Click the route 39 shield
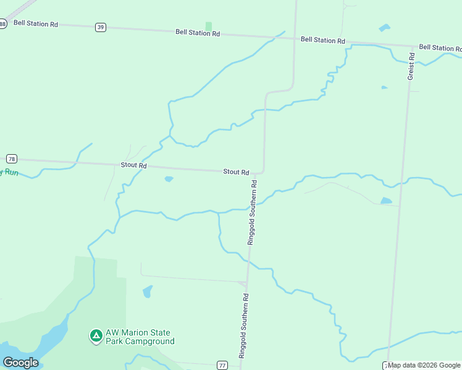pos(101,27)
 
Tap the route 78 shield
pos(11,158)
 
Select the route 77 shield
pos(222,365)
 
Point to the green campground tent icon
pos(96,336)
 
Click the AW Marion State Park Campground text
pos(140,337)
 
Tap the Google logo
pos(20,363)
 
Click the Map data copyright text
pos(424,365)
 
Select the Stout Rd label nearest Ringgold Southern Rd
pos(236,172)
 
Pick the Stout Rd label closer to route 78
pos(133,165)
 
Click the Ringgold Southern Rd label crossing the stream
pos(253,213)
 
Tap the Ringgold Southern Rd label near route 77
pos(244,325)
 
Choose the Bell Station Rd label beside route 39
pos(198,32)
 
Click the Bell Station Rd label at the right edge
pos(440,47)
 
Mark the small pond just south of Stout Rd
pos(169,179)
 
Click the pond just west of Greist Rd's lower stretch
pos(386,200)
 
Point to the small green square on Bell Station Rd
pos(209,26)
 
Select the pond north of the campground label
pos(147,291)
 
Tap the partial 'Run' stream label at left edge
pos(9,173)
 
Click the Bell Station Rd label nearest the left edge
pos(36,23)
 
